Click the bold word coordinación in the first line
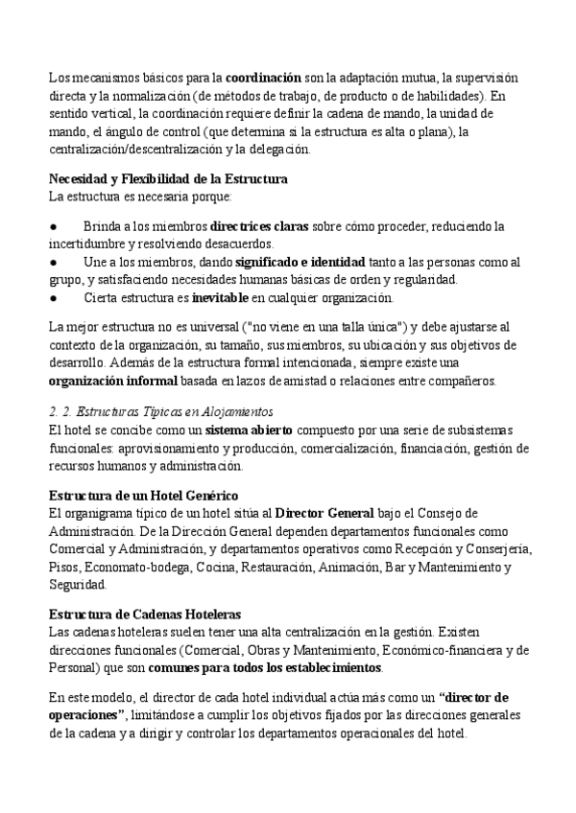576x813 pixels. pos(263,77)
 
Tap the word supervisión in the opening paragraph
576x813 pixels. pos(482,77)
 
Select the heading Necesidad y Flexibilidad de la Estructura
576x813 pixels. pos(168,179)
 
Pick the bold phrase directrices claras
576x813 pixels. pos(259,226)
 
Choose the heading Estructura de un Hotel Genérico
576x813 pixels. pos(143,496)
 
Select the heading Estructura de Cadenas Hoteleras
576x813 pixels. pos(144,615)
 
